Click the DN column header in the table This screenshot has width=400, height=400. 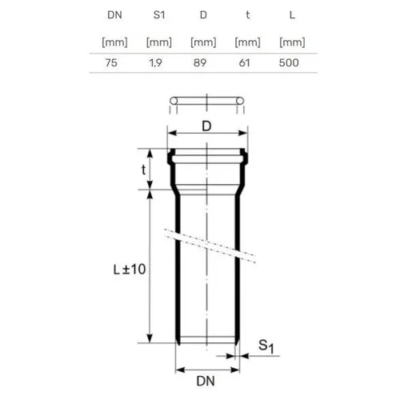pyautogui.click(x=114, y=15)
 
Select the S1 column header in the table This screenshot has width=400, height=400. pyautogui.click(x=159, y=15)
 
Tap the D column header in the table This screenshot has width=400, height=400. pyautogui.click(x=203, y=15)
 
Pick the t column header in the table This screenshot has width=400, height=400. pyautogui.click(x=248, y=15)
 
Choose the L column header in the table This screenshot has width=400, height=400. pyautogui.click(x=292, y=15)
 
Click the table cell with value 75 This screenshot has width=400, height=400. pyautogui.click(x=111, y=63)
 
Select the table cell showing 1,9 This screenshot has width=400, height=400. pyautogui.click(x=155, y=63)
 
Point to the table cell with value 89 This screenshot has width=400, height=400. pyautogui.click(x=200, y=63)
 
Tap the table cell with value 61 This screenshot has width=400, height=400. pyautogui.click(x=244, y=63)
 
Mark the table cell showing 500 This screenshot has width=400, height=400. pyautogui.click(x=289, y=63)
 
